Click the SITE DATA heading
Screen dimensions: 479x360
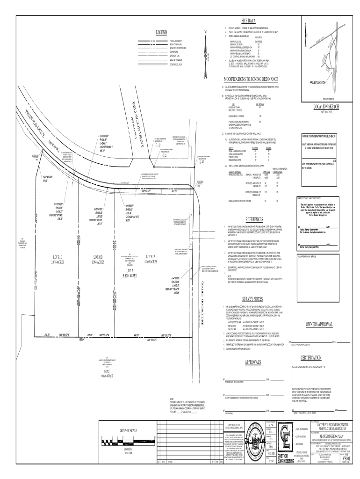tap(248, 21)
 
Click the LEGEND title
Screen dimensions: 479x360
tap(161, 32)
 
